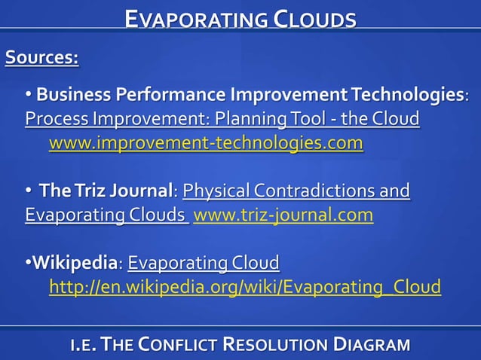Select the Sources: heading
point(42,57)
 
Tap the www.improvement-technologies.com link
point(206,143)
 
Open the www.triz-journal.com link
point(283,215)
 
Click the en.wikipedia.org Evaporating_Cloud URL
point(245,287)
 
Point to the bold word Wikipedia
point(75,264)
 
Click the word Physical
point(216,191)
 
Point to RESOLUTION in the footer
point(275,345)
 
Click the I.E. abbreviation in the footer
point(83,345)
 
